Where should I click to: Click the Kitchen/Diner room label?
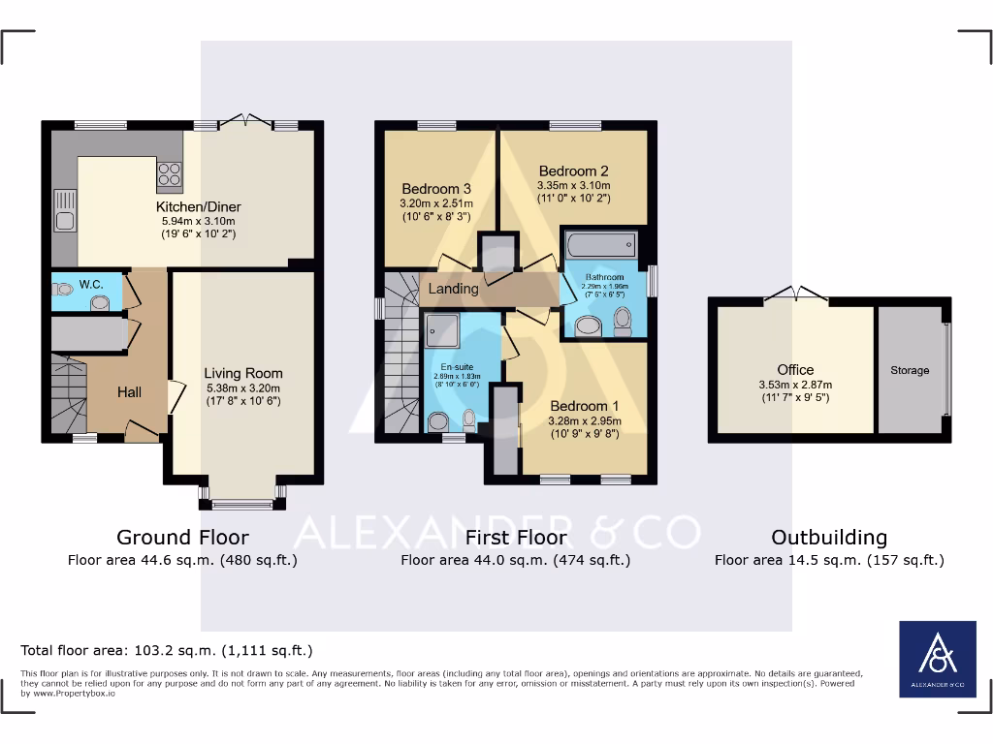click(x=199, y=206)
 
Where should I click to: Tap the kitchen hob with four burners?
click(x=169, y=173)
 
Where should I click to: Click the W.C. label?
click(x=91, y=285)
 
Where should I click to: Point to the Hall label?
click(x=129, y=391)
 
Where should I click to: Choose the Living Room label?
click(x=243, y=373)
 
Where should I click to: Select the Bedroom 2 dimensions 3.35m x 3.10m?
click(x=574, y=185)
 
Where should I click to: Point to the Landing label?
click(x=454, y=289)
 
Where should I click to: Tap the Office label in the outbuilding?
click(x=795, y=369)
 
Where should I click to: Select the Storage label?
click(x=910, y=370)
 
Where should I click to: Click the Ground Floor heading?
click(x=182, y=537)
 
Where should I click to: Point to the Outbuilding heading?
click(x=829, y=537)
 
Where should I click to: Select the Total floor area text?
click(x=167, y=650)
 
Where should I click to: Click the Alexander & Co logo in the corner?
click(x=938, y=659)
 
